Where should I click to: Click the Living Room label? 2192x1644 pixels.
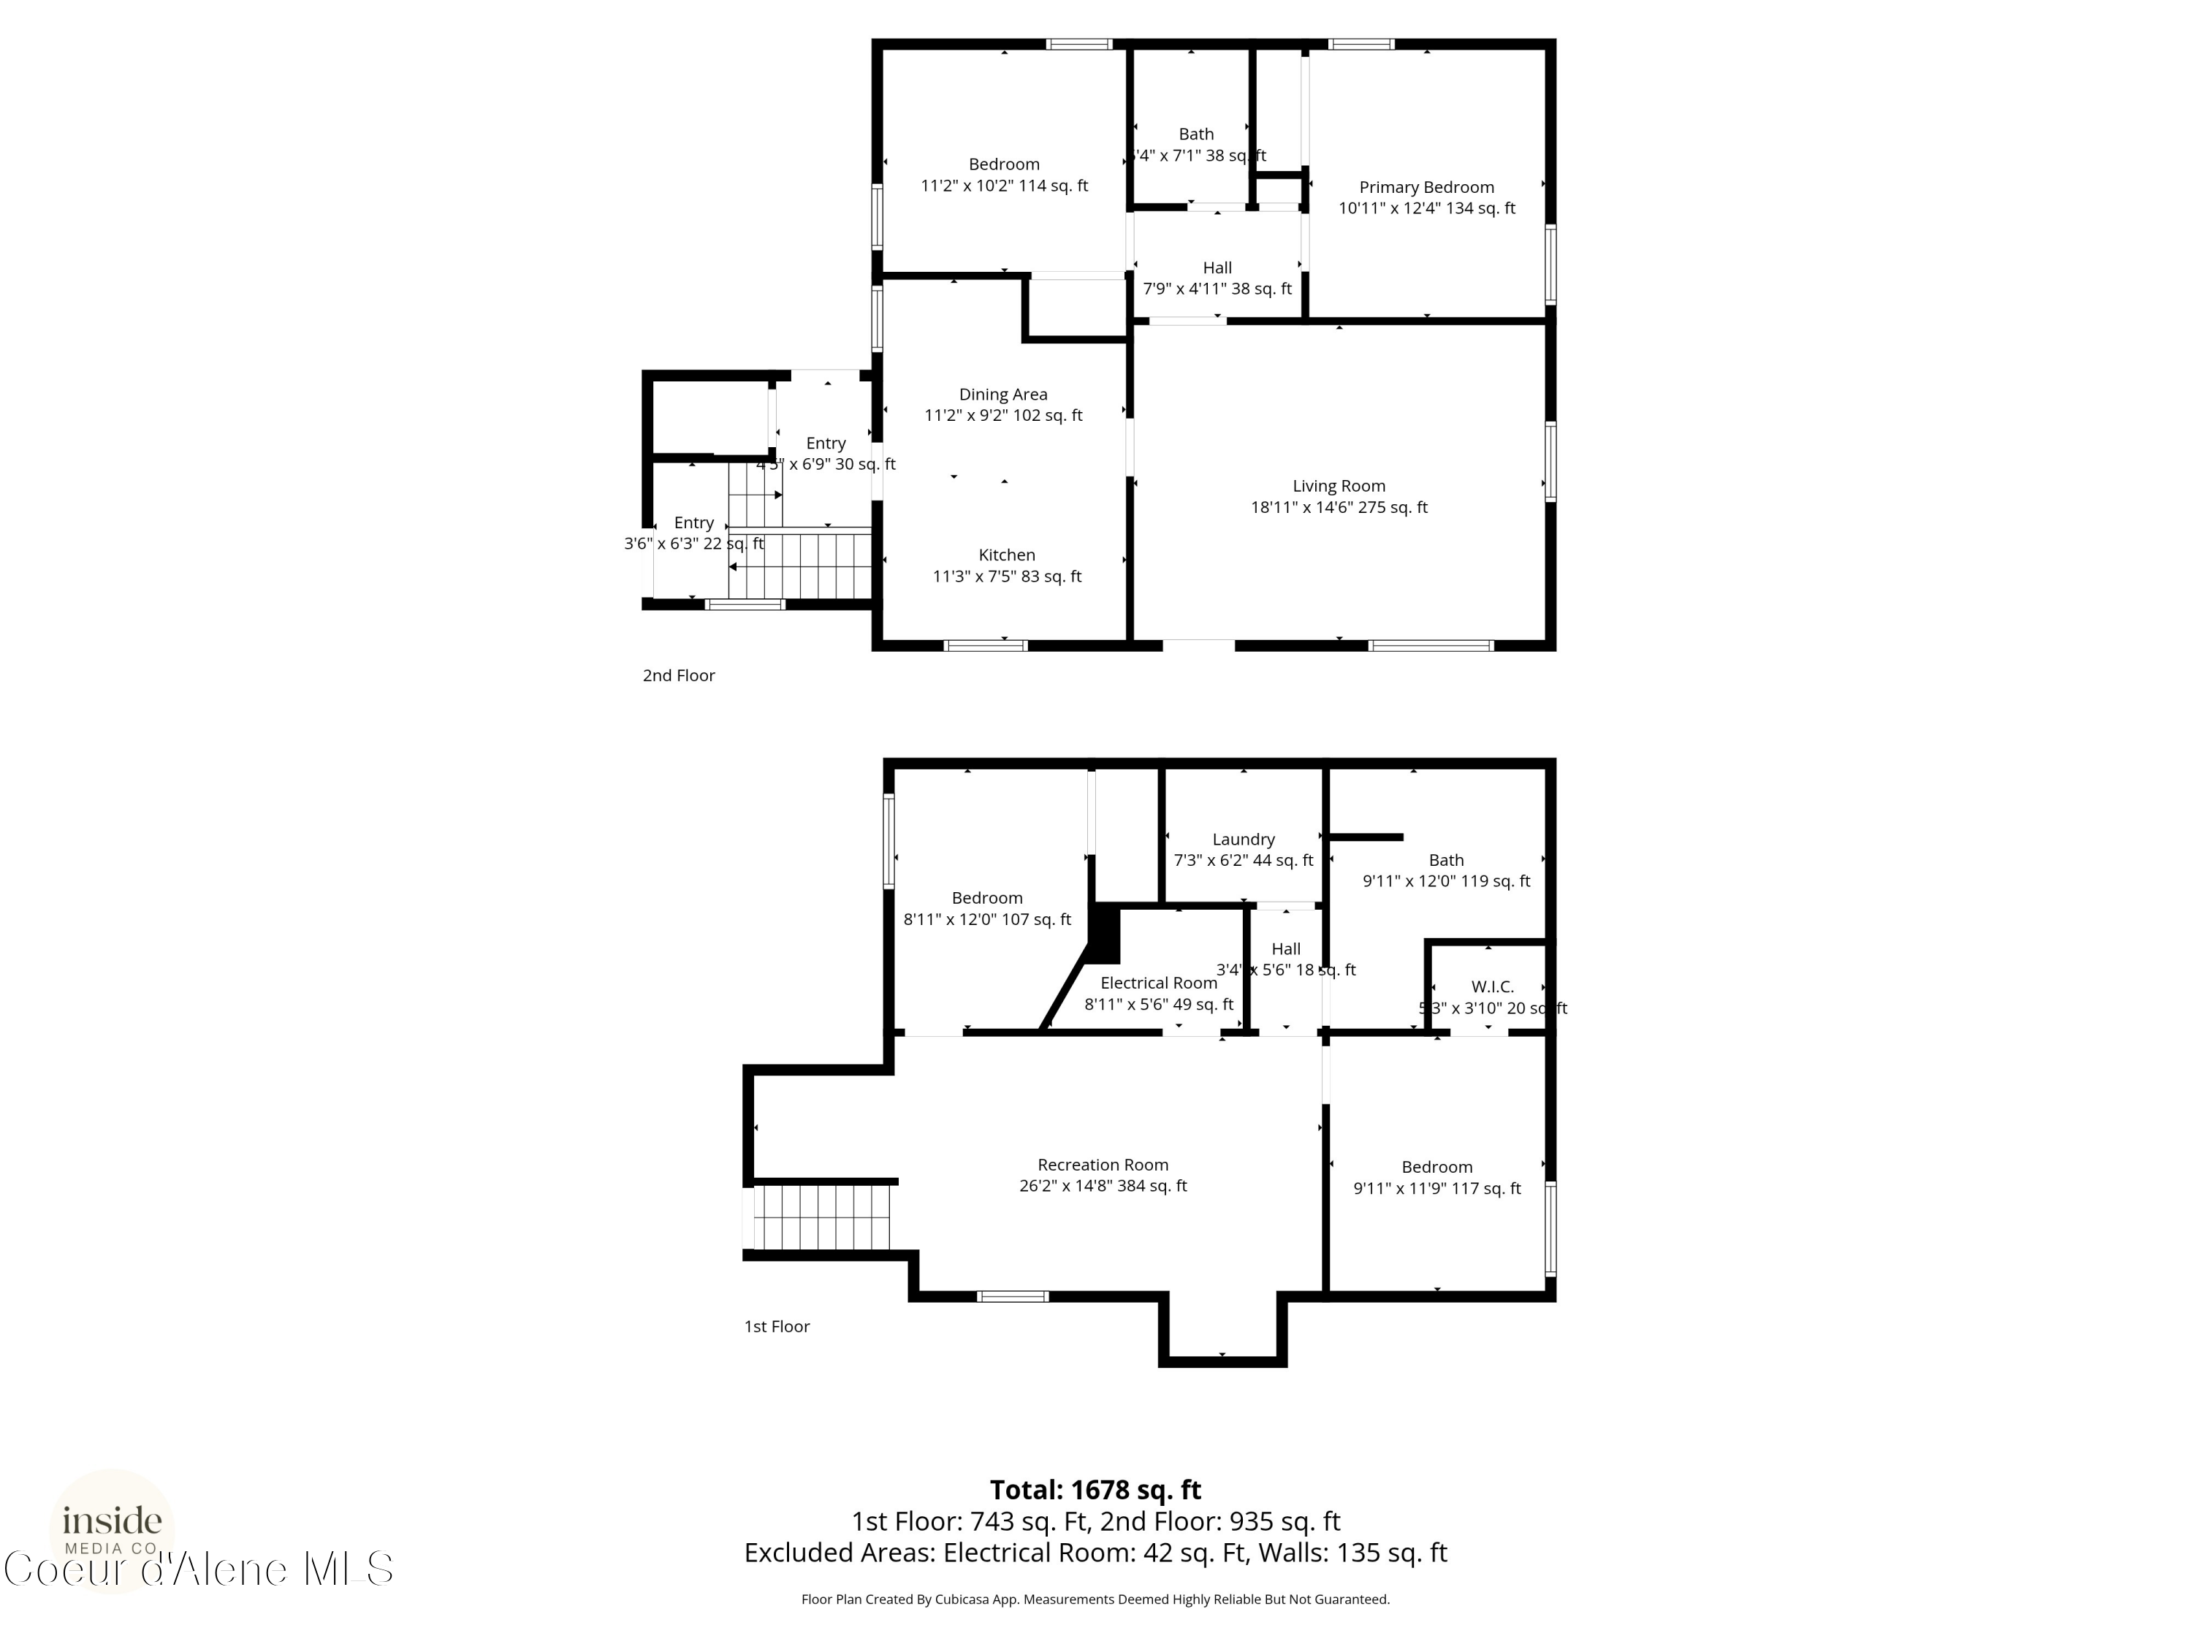point(1338,486)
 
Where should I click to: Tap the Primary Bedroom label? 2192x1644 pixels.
point(1426,187)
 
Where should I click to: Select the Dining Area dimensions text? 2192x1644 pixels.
point(1003,415)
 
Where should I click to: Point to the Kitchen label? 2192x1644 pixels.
point(1007,555)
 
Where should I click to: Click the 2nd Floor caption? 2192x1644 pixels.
point(679,675)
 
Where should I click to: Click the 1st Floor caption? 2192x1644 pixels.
point(777,1326)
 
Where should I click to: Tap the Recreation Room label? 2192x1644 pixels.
point(1103,1165)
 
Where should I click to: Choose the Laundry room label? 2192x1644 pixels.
point(1243,840)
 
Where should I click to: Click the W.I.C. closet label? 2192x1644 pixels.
point(1491,987)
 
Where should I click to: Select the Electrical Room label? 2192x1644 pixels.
point(1158,983)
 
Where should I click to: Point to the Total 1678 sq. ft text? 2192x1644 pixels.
point(1095,1489)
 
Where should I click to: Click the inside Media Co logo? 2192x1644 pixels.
point(112,1526)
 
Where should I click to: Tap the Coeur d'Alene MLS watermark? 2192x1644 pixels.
point(198,1569)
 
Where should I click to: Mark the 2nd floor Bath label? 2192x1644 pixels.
point(1196,134)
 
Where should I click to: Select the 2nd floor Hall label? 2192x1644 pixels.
point(1217,267)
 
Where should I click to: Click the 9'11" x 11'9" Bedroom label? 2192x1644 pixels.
point(1437,1168)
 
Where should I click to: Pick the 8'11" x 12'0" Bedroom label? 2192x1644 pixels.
point(987,898)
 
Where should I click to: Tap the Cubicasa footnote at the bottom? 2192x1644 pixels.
point(1095,1599)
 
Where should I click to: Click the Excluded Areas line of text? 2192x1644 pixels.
point(1095,1552)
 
